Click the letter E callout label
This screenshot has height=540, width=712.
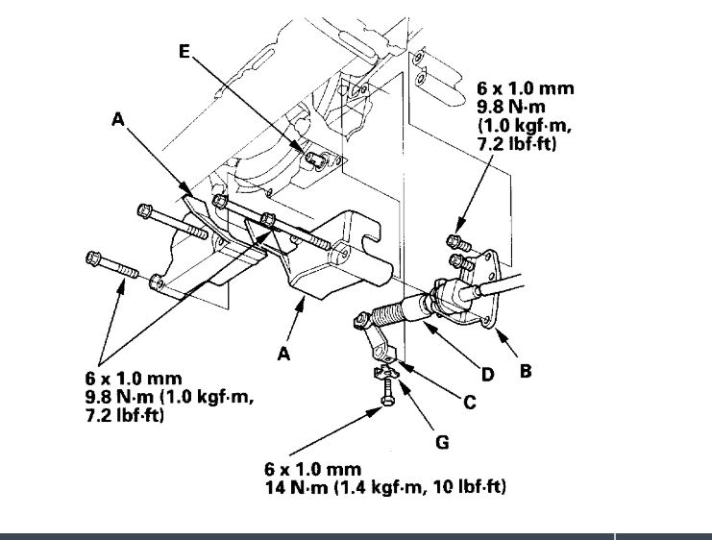[184, 52]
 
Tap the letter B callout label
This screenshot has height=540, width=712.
[525, 369]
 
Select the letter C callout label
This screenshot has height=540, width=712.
[469, 404]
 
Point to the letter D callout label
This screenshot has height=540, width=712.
[487, 375]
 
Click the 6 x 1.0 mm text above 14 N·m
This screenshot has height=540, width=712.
[312, 470]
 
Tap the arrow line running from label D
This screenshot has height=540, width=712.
[452, 345]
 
